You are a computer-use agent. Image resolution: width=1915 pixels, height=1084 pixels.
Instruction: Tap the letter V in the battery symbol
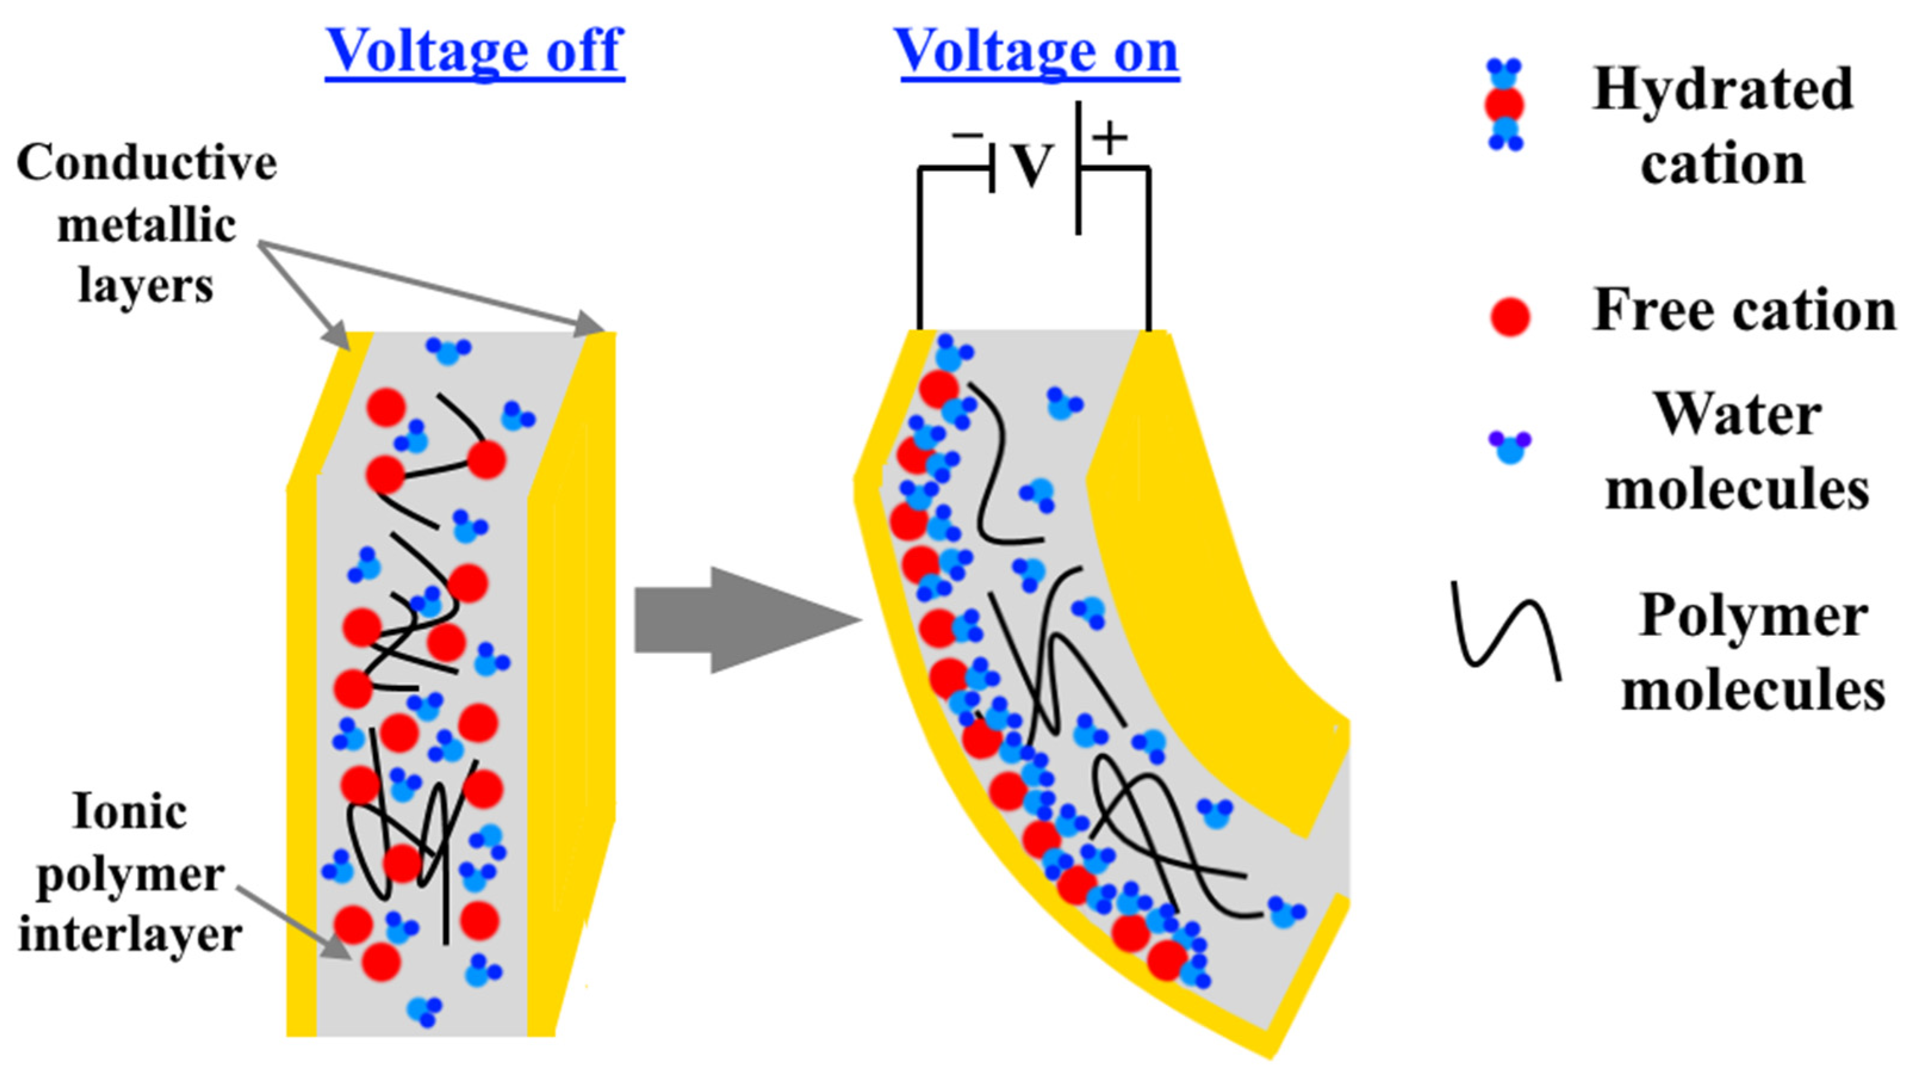point(1033,165)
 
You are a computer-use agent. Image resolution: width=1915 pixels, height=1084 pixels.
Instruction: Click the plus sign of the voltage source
point(1109,138)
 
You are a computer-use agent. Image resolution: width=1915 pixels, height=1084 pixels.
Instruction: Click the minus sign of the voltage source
point(967,135)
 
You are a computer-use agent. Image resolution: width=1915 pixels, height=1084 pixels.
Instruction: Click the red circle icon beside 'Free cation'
point(1509,316)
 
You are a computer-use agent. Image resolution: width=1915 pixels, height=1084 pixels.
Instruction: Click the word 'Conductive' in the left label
point(147,162)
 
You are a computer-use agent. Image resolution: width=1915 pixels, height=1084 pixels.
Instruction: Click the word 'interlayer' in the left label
point(130,934)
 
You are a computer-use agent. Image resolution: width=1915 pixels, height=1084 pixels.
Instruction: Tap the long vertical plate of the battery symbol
point(1078,168)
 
